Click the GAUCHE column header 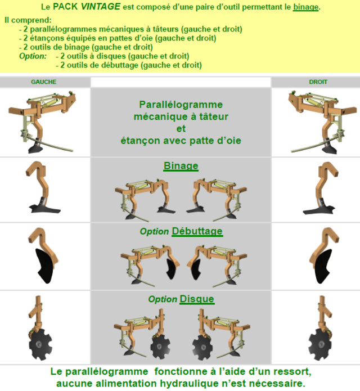(x=44, y=82)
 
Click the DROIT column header (x=318, y=82)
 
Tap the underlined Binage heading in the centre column (x=181, y=166)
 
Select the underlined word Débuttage (x=197, y=231)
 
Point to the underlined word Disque (x=197, y=299)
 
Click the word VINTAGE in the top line (x=101, y=7)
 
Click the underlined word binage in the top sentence (x=305, y=7)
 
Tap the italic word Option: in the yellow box (x=33, y=56)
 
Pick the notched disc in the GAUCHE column (x=40, y=344)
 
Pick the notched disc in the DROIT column (x=320, y=344)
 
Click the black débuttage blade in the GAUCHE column (x=44, y=266)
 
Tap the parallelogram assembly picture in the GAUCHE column (x=42, y=122)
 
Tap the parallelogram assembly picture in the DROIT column (x=323, y=122)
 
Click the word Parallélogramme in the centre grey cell (x=181, y=105)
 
